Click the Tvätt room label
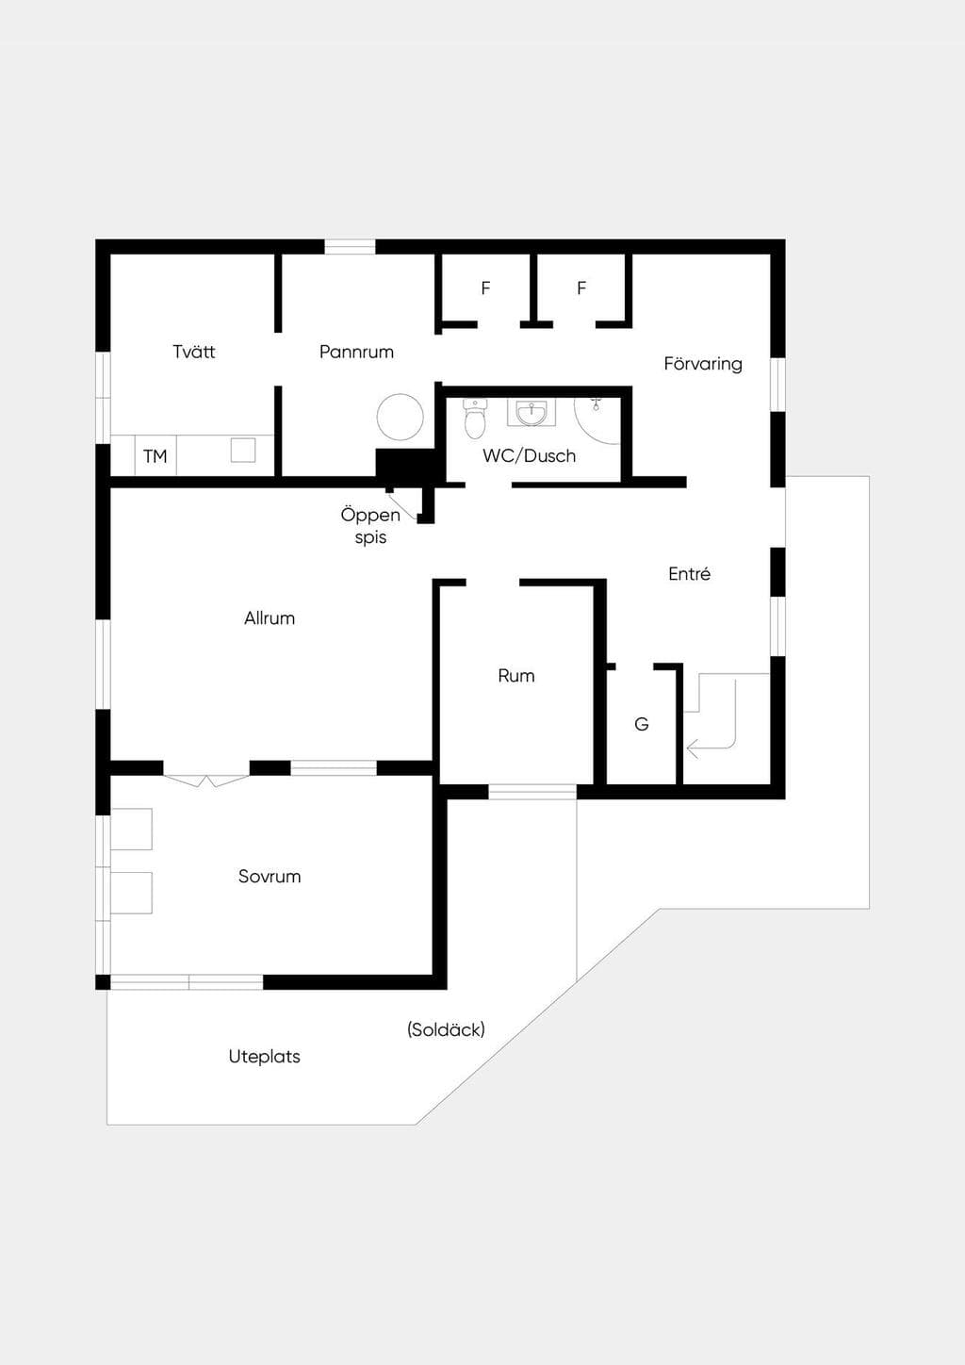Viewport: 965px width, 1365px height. pos(194,352)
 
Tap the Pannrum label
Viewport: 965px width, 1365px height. pos(356,352)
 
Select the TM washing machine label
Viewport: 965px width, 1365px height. pos(155,456)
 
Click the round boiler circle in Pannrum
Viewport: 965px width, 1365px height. pos(400,417)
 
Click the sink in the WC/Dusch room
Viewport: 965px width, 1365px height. pos(532,413)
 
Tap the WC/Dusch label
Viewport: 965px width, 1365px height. pos(529,456)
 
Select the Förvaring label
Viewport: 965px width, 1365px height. pos(703,364)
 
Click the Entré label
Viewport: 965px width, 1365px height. pos(689,573)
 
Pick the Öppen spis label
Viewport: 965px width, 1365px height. pos(370,526)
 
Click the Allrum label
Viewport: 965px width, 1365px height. pos(270,617)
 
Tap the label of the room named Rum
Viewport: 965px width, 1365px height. pos(516,675)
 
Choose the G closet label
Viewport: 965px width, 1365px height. pos(642,724)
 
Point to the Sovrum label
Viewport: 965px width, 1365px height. pos(270,877)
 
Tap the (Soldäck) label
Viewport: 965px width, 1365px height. pos(446,1029)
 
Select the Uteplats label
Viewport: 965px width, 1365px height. pos(265,1056)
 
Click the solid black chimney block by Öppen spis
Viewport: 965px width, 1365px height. pos(404,467)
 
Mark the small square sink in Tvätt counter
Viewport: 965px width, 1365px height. pos(242,451)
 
